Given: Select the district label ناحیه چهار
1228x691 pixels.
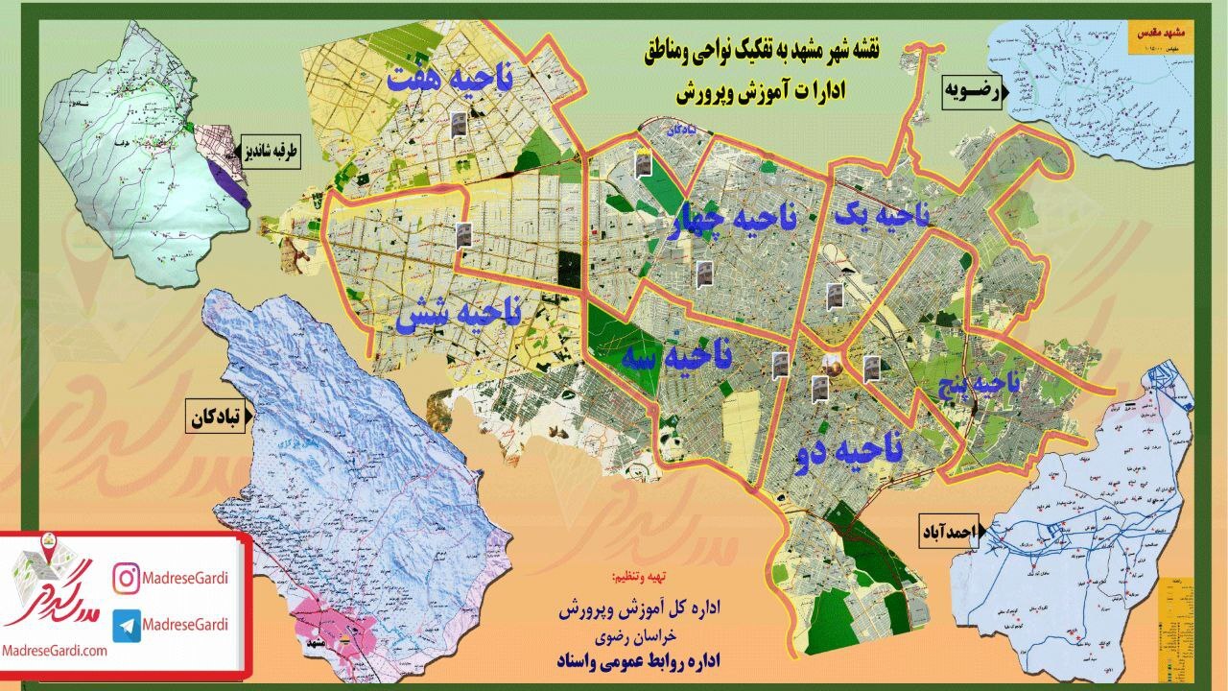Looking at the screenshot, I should [734, 219].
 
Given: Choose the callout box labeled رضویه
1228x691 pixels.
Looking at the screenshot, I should [971, 92].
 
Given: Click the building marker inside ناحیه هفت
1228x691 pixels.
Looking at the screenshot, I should [459, 124].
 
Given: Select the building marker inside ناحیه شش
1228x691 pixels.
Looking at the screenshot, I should [464, 234].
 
